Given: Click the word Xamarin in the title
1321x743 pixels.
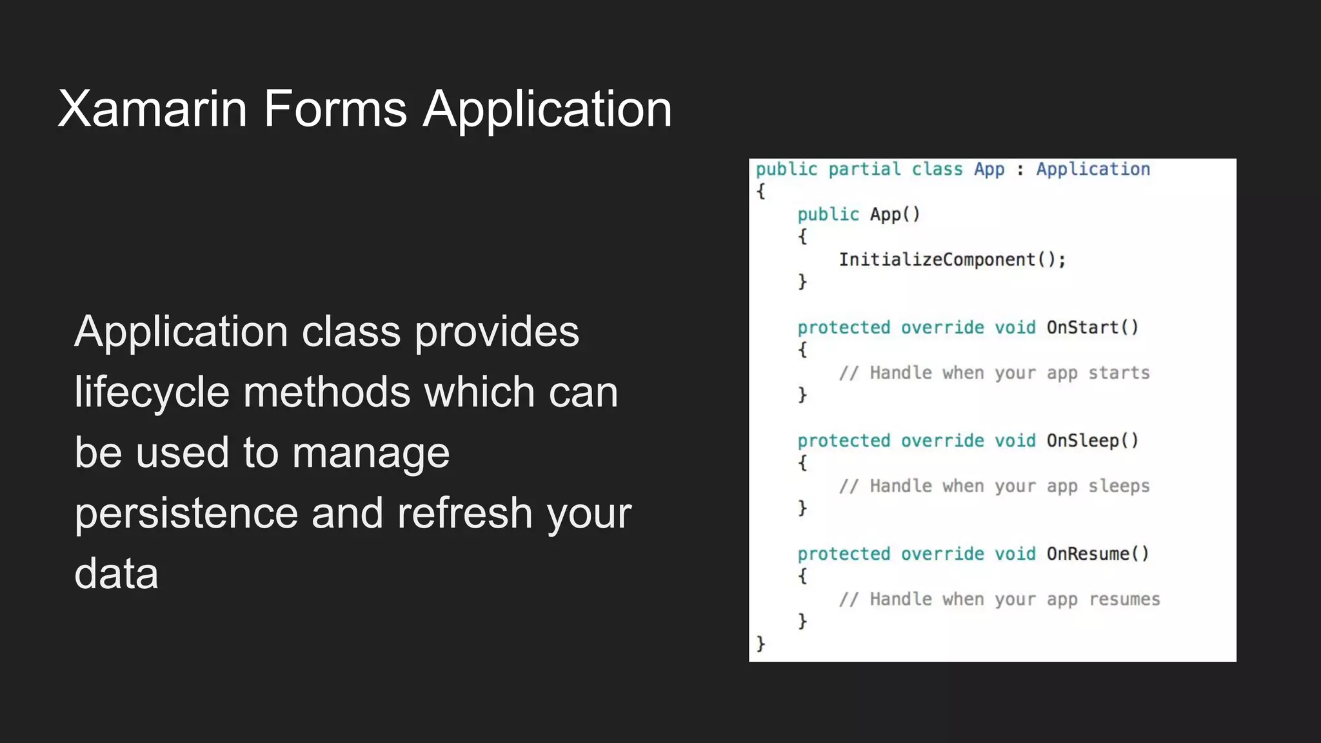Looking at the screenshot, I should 153,108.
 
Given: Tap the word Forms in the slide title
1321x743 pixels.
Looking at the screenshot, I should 335,108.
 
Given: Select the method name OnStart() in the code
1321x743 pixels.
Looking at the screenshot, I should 1092,328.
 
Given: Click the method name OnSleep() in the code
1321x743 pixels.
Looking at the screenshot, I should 1092,441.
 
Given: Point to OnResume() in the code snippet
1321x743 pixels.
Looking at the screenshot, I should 1097,554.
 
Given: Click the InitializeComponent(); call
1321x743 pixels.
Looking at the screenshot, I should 952,260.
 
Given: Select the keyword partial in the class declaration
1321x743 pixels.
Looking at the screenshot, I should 864,170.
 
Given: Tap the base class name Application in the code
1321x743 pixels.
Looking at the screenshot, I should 1093,170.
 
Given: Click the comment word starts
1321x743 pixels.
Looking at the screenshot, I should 1118,373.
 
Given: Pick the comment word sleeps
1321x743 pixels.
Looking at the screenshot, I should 1118,486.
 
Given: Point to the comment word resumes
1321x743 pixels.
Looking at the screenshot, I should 1124,599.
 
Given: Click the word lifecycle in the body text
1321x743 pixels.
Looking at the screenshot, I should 152,392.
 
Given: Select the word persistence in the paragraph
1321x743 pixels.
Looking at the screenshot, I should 186,513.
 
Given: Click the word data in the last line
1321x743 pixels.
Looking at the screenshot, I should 116,573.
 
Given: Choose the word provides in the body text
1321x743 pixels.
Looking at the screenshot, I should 496,332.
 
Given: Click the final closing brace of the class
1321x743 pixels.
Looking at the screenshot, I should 760,644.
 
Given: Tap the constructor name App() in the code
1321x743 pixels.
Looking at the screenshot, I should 895,215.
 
